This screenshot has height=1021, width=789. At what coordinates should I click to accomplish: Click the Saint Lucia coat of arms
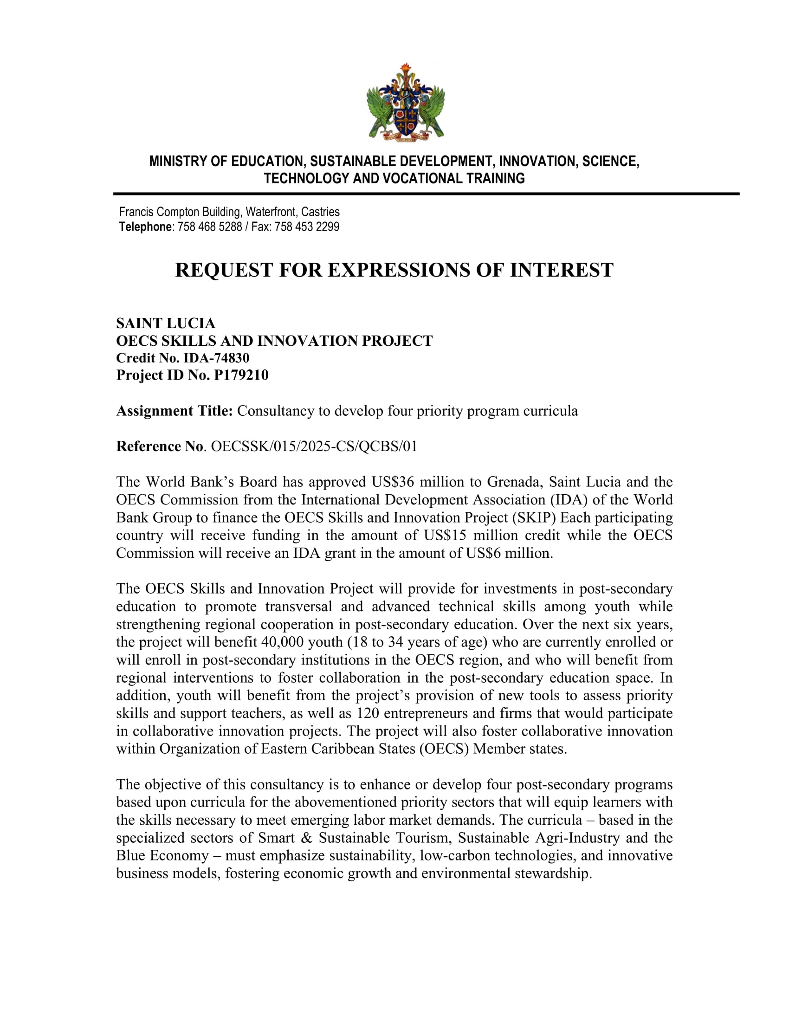(x=405, y=102)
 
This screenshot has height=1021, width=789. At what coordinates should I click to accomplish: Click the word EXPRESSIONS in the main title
(x=397, y=270)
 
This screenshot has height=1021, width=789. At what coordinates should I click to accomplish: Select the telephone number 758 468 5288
(x=210, y=227)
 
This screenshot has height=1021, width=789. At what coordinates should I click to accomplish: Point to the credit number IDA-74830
(x=216, y=358)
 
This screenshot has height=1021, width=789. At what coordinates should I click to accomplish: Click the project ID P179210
(x=241, y=375)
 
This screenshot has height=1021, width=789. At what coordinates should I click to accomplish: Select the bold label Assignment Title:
(x=175, y=411)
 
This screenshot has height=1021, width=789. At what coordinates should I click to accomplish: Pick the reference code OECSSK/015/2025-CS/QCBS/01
(x=314, y=446)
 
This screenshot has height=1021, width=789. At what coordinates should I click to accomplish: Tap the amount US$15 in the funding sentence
(x=445, y=535)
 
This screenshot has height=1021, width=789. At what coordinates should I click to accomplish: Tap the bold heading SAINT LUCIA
(x=166, y=323)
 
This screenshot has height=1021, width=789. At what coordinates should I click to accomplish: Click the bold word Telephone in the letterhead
(x=145, y=227)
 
